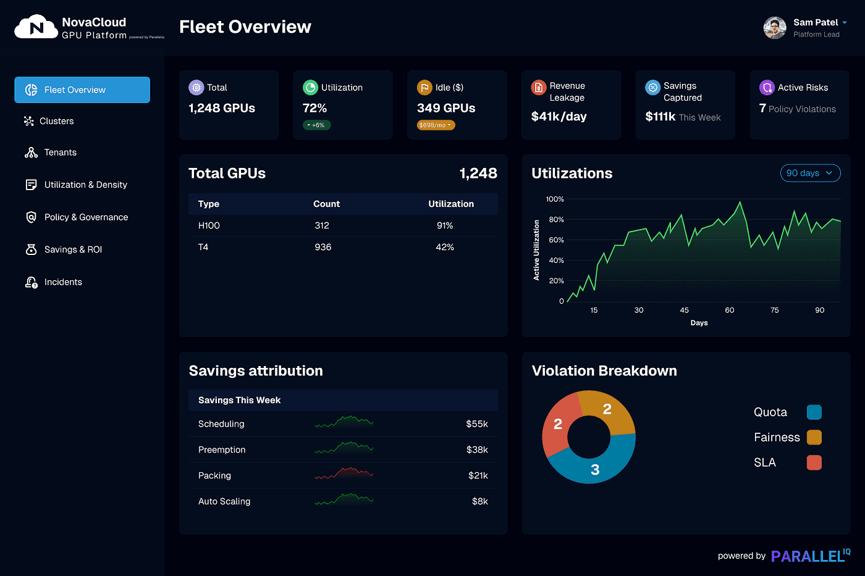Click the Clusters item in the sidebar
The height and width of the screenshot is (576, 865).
56,121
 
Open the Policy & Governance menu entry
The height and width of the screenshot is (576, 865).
86,217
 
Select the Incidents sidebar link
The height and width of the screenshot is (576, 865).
62,282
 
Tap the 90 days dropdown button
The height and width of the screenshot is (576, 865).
810,173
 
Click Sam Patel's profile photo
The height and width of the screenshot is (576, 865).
775,28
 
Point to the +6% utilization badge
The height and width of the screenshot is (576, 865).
316,125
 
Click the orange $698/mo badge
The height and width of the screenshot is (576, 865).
436,125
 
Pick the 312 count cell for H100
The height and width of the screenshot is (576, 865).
322,226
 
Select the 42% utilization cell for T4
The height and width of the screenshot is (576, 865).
445,248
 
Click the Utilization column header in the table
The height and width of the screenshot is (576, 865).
451,204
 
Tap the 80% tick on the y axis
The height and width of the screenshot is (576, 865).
556,220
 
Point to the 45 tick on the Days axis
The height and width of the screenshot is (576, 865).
684,311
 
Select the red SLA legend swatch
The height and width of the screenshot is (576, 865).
814,463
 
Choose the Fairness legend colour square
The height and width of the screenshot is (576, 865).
814,438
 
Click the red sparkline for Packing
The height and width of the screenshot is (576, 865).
344,474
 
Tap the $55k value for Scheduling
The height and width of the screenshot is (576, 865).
477,424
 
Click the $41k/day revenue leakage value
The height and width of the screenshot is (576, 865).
559,117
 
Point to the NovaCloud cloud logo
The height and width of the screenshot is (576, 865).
36,28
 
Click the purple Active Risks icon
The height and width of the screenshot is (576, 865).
767,88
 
